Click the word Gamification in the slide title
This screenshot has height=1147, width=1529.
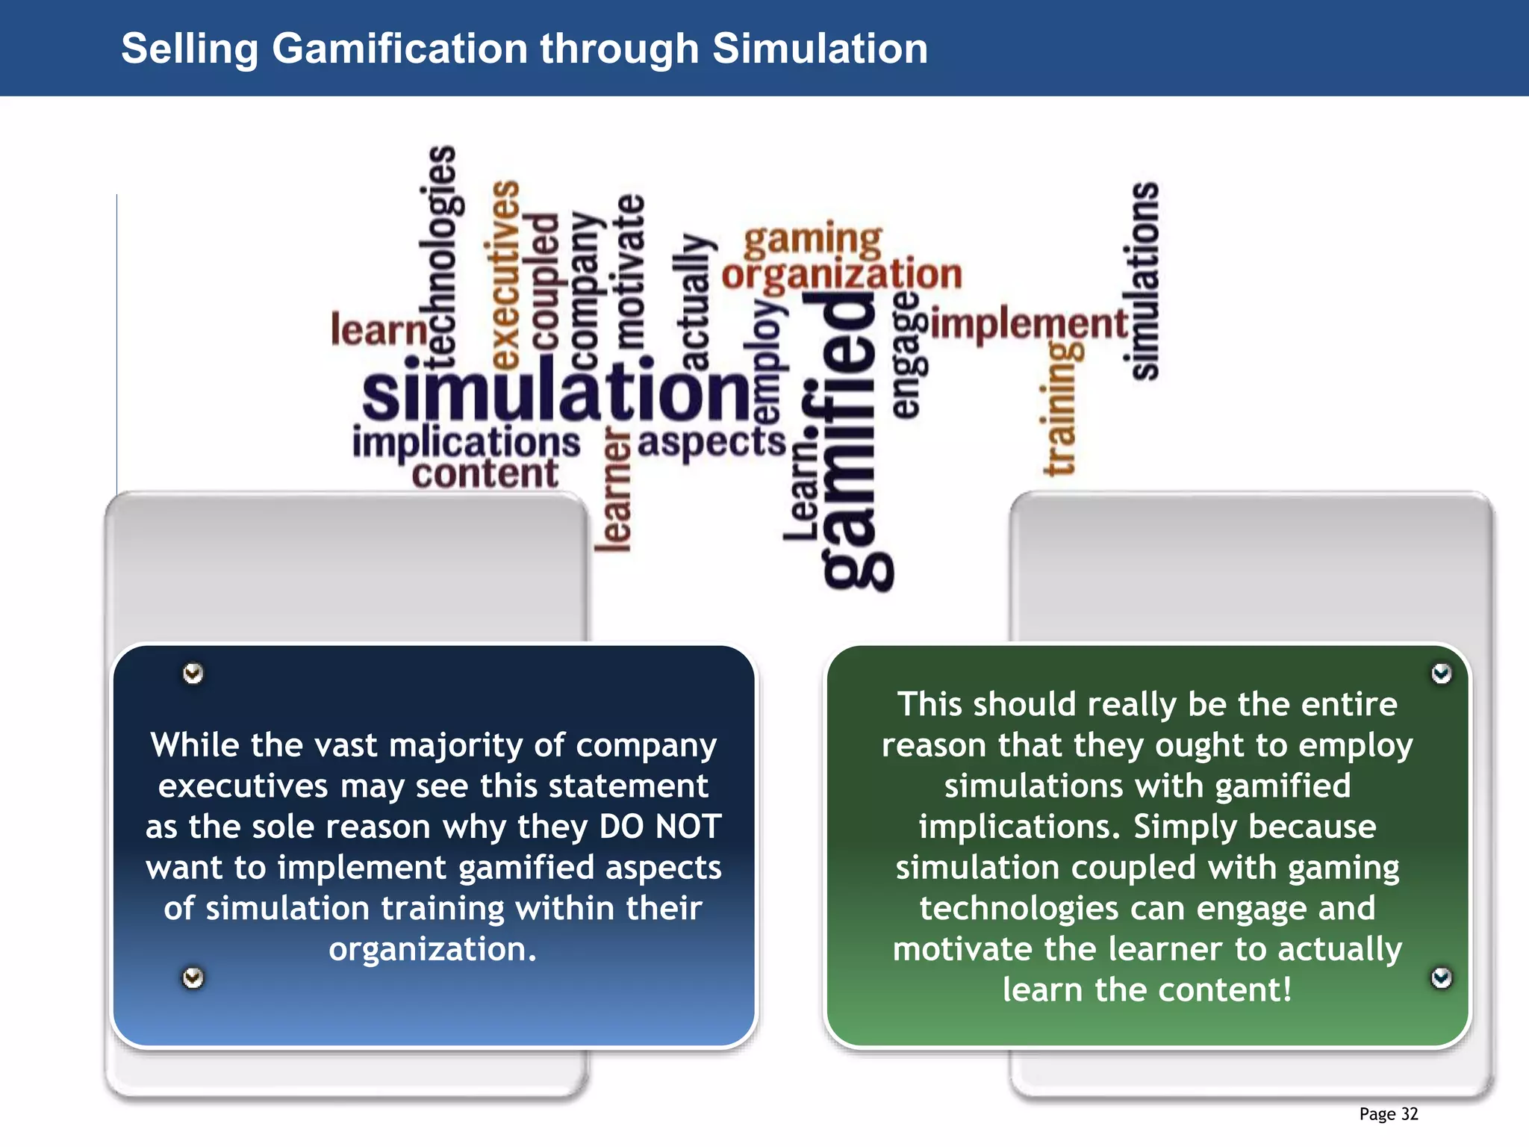click(400, 49)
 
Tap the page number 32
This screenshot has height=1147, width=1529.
click(1409, 1114)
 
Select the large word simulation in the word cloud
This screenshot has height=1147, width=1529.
click(555, 391)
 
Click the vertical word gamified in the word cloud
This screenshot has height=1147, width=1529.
click(848, 441)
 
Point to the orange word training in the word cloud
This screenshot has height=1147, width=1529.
click(1060, 408)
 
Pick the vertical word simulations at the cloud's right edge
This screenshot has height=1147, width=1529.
click(1145, 281)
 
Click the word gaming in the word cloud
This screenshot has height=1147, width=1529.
click(813, 240)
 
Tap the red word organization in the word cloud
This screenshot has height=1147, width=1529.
click(842, 275)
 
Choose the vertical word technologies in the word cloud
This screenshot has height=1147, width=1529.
click(441, 258)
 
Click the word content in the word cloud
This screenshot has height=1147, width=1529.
click(485, 474)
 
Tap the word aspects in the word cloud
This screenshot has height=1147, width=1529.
click(711, 442)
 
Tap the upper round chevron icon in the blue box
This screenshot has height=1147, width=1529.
click(193, 674)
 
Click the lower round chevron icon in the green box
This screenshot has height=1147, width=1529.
click(1441, 977)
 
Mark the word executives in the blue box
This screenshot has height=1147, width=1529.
click(243, 786)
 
